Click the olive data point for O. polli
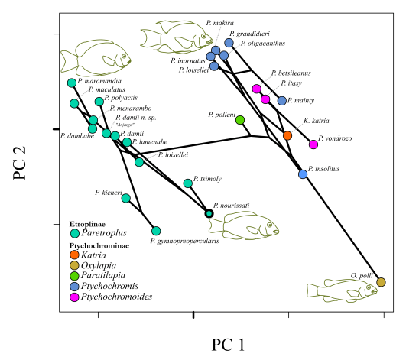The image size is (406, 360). pos(382,283)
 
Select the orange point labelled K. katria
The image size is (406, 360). pos(287,135)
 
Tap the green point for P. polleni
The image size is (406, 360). pos(240,120)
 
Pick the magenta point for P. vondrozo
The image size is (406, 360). pos(313,144)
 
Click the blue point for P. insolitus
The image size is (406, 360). pos(303,174)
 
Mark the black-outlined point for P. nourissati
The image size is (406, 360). pos(209,212)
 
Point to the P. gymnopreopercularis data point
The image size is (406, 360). pos(156,230)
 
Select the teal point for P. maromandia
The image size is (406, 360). pos(71,83)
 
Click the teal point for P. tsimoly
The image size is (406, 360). pos(188,183)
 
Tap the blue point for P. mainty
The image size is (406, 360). pos(282,101)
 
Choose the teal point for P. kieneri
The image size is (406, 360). pos(126,198)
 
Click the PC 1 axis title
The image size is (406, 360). pos(228,344)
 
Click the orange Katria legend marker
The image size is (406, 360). pos(74,254)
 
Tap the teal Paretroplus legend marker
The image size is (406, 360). pos(74,233)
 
